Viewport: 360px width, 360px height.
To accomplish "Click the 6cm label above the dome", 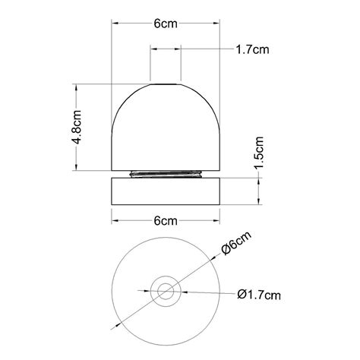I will [166, 24].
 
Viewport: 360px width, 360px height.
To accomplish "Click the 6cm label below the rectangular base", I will [166, 221].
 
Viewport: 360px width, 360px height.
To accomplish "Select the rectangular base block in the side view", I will [166, 190].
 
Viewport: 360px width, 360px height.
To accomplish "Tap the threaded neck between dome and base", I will [166, 174].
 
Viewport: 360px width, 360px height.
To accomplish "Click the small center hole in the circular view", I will [165, 290].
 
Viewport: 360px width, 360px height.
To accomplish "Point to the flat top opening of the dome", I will [166, 81].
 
